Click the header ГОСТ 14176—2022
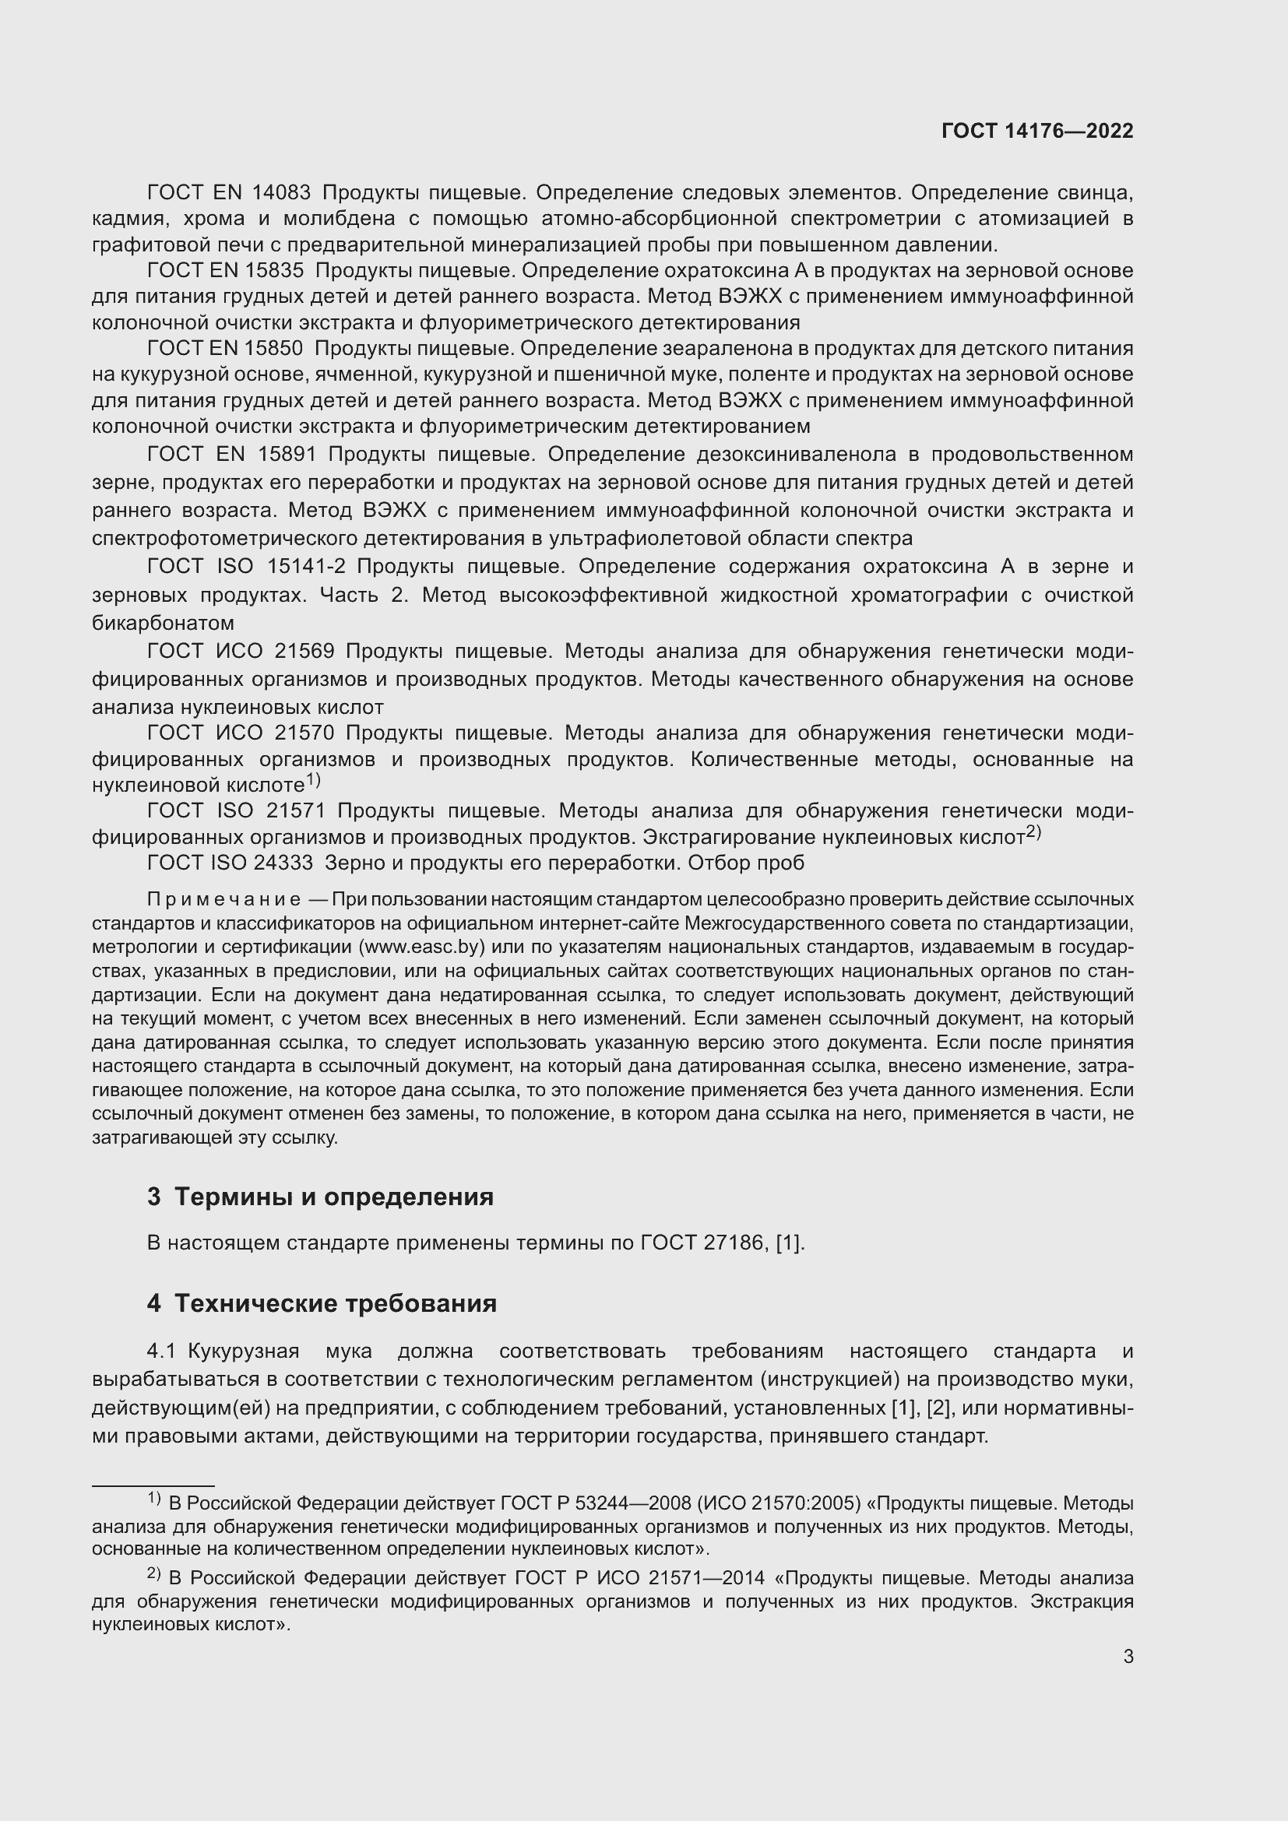tap(1036, 131)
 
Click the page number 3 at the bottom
tap(1128, 1657)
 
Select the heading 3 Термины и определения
tap(320, 1197)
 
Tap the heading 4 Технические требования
tap(322, 1304)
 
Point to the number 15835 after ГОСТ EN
tap(274, 270)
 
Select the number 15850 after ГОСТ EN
tap(274, 348)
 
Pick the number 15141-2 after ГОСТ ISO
tap(306, 566)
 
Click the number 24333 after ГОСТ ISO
tap(283, 863)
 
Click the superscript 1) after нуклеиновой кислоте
tap(313, 780)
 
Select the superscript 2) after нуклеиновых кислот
tap(1033, 832)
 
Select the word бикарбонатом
tap(163, 623)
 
